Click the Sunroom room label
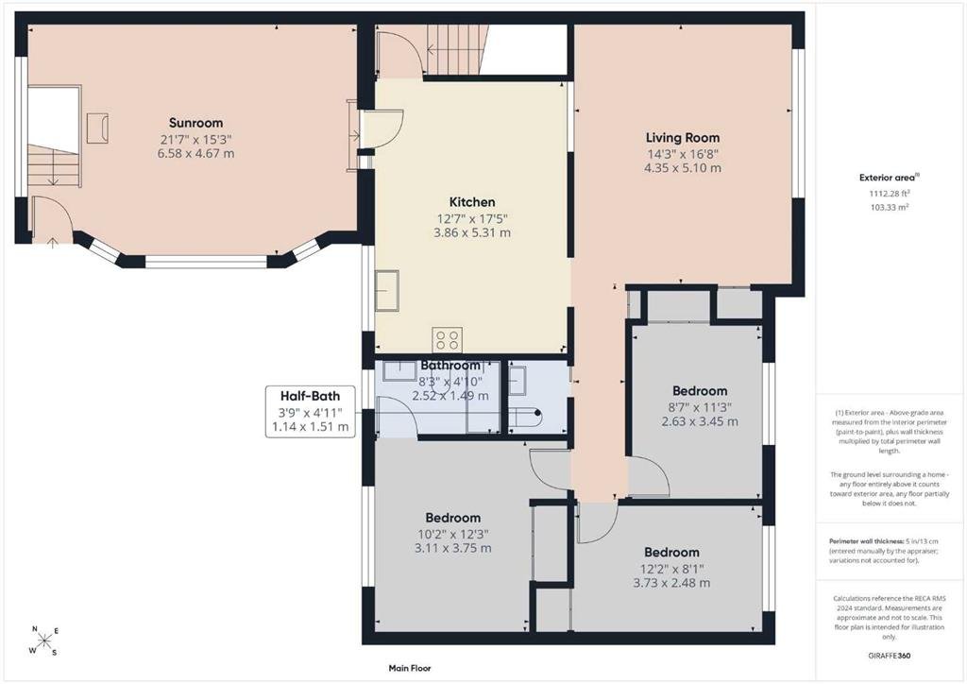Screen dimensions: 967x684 [196, 123]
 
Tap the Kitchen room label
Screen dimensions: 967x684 [472, 201]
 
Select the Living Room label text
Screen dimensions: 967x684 [683, 138]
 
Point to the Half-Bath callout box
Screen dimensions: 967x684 [310, 411]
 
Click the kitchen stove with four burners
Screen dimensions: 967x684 [447, 340]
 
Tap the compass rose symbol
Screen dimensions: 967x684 [45, 641]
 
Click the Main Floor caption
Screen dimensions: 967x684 [410, 668]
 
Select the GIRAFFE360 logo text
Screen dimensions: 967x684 [888, 656]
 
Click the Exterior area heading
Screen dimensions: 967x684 [888, 178]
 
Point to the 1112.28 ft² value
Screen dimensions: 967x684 [889, 193]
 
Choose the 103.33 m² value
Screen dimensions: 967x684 [889, 207]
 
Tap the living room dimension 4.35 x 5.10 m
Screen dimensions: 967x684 [683, 168]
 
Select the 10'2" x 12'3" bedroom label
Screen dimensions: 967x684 [452, 534]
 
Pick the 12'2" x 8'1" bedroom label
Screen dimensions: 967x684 [671, 568]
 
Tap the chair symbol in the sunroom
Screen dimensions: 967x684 [97, 128]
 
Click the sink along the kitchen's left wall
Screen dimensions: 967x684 [386, 290]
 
